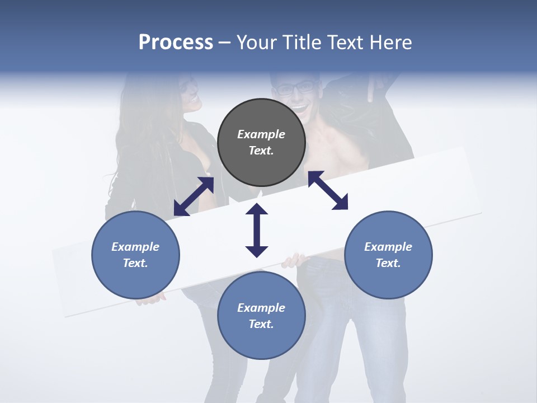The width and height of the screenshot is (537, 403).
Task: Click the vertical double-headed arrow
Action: pyautogui.click(x=257, y=230)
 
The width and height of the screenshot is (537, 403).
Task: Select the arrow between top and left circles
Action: pyautogui.click(x=194, y=196)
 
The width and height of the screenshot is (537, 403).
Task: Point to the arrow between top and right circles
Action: pyautogui.click(x=328, y=190)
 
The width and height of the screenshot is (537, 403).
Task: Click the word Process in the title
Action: pyautogui.click(x=176, y=42)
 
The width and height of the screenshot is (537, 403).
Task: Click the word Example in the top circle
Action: pyautogui.click(x=261, y=134)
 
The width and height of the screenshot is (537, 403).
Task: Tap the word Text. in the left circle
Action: pyautogui.click(x=135, y=263)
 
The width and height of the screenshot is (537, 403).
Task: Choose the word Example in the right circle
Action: pyautogui.click(x=388, y=247)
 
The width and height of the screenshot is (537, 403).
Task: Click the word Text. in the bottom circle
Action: pyautogui.click(x=261, y=324)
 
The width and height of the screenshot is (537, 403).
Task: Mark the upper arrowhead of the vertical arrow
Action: pyautogui.click(x=257, y=209)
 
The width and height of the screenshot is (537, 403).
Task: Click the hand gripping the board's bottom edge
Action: pyautogui.click(x=294, y=260)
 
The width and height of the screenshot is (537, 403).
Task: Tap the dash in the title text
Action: pyautogui.click(x=225, y=43)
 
